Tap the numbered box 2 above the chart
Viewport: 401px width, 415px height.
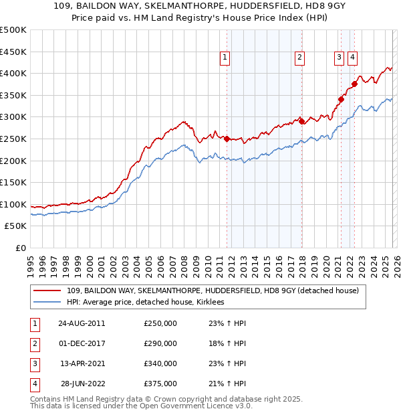[x=300, y=58]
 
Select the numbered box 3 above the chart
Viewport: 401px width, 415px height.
[x=340, y=58]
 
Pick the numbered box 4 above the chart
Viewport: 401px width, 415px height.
[x=352, y=58]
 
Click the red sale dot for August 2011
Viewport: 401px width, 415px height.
[x=227, y=139]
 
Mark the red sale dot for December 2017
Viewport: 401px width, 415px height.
[x=301, y=121]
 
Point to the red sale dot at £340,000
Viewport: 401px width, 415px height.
[x=341, y=100]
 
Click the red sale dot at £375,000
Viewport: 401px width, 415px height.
[x=355, y=84]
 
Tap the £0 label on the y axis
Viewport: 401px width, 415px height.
[x=20, y=248]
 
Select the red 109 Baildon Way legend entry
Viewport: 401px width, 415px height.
[x=213, y=290]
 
